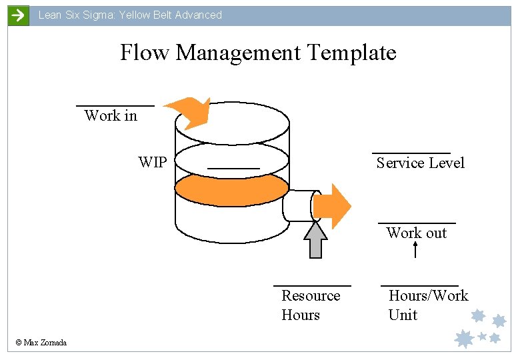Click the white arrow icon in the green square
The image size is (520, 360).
coord(18,15)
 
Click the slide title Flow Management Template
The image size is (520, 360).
coord(258,53)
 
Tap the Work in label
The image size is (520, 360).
coord(111,116)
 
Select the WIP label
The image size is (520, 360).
coord(153,163)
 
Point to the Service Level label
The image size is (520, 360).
coord(420,163)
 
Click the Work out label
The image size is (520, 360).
coord(417,233)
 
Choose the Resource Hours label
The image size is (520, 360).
coord(310,305)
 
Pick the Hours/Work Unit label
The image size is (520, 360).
coord(428,305)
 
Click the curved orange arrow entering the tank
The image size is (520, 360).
coord(189,112)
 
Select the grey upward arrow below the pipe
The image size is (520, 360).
coord(315,239)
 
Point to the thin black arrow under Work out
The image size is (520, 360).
coord(415,250)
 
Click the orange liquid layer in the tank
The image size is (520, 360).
coord(231,189)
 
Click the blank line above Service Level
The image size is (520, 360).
coord(411,153)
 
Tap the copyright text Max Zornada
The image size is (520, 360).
coord(41,343)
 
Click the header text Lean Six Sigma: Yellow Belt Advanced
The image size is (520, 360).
coord(130,15)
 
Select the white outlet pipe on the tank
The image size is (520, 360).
coord(297,205)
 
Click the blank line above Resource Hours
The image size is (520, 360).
coord(312,285)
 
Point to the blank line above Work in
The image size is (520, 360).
coord(115,105)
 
